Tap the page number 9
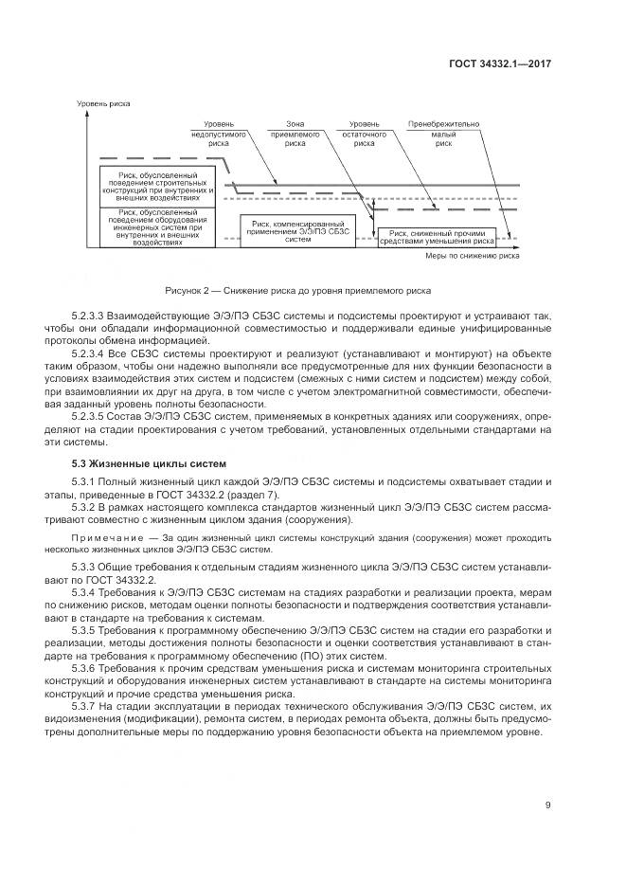548,806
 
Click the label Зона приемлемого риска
295,135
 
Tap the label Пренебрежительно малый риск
444,135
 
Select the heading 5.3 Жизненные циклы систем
150,464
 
